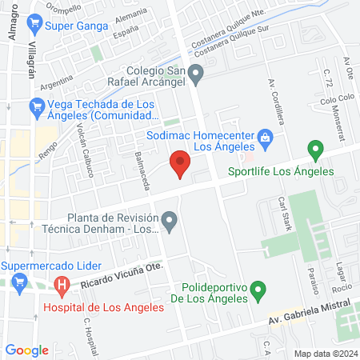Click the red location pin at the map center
pyautogui.click(x=180, y=163)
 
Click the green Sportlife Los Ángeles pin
pyautogui.click(x=315, y=149)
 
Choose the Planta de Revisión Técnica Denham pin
pyautogui.click(x=168, y=219)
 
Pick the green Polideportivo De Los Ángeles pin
pyautogui.click(x=258, y=290)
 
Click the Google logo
pyautogui.click(x=27, y=350)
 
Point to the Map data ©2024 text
pyautogui.click(x=324, y=353)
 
